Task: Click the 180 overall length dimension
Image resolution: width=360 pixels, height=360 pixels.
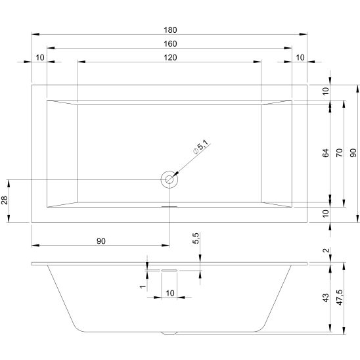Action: point(170,30)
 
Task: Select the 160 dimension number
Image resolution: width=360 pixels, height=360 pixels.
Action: point(170,44)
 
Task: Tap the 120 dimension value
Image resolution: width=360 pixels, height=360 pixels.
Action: point(170,58)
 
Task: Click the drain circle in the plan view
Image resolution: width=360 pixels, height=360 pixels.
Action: point(169,179)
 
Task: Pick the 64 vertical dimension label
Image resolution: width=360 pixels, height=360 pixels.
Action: point(326,153)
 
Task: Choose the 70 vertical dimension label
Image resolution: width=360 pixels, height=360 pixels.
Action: point(340,153)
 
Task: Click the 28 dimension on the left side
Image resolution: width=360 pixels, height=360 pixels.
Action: point(5,200)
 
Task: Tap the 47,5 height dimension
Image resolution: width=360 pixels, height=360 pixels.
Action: point(340,297)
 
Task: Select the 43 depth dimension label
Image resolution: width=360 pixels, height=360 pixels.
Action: point(326,298)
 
